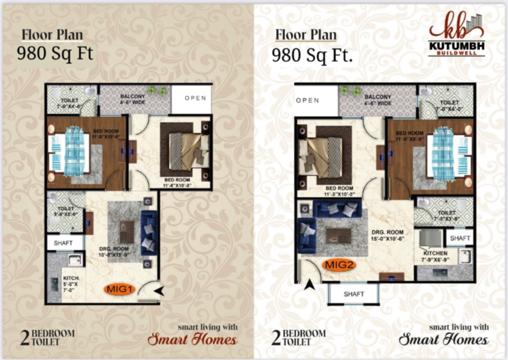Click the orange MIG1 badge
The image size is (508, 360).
click(x=119, y=288)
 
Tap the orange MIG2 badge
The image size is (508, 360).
click(x=339, y=265)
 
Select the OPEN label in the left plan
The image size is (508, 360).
click(x=194, y=98)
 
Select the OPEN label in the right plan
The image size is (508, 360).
click(x=308, y=100)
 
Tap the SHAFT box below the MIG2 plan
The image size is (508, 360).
click(x=355, y=294)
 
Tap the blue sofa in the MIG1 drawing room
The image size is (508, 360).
click(x=149, y=230)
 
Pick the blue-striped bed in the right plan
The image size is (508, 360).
click(x=444, y=151)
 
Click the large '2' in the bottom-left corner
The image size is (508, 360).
click(x=25, y=337)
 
